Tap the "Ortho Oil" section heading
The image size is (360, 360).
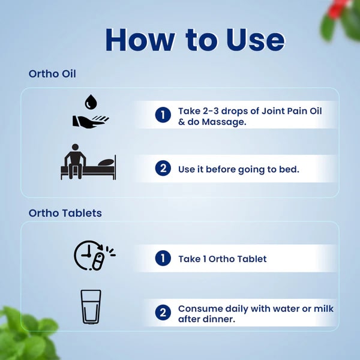point(52,74)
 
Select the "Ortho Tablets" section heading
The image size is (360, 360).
point(65,213)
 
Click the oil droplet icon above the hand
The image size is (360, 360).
point(91,102)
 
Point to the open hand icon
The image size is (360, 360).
point(90,121)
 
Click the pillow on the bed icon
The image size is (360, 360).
point(106,163)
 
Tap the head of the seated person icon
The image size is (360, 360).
point(75,147)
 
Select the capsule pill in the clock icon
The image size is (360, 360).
point(98,261)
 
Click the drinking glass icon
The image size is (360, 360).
point(91,307)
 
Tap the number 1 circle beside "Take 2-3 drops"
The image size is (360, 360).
point(163,115)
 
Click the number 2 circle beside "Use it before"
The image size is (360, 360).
point(163,168)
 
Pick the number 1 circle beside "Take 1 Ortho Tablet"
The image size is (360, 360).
point(163,258)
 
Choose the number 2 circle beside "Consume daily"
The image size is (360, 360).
point(163,313)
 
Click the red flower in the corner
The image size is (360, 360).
point(335,8)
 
